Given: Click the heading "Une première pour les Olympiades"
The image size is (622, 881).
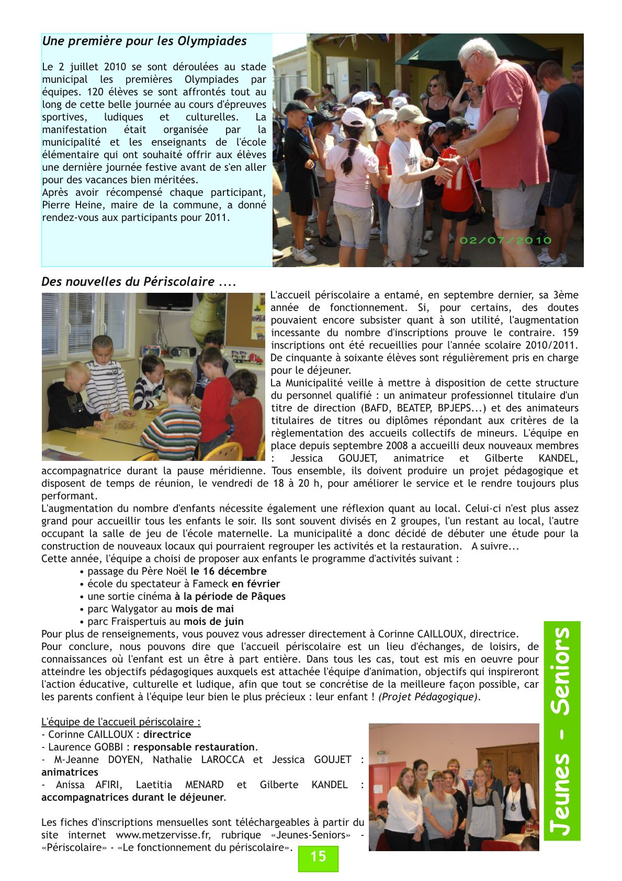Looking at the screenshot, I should tap(144, 41).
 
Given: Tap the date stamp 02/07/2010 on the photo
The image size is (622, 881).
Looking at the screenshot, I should tap(505, 240).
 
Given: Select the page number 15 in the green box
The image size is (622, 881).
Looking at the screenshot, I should tap(318, 856).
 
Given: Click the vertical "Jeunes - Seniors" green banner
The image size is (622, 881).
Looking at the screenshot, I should tap(562, 731).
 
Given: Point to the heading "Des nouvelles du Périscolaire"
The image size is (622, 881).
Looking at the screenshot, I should tap(138, 282).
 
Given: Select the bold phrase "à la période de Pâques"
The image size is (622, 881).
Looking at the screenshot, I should tap(230, 597).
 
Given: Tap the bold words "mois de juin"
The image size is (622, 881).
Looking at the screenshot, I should tap(213, 622).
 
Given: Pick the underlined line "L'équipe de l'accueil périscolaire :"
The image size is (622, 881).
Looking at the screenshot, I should tap(121, 722).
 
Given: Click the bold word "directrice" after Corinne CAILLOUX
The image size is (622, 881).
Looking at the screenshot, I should tap(167, 735).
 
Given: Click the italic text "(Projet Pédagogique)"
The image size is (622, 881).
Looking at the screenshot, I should tap(428, 697).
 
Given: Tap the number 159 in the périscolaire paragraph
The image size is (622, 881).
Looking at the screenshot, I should tap(570, 333).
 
